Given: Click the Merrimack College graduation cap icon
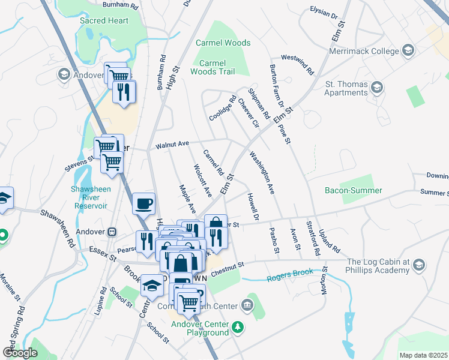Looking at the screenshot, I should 409,50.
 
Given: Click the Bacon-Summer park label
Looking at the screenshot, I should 353,190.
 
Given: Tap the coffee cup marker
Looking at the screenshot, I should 143,203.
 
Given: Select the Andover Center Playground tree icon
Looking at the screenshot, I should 239,327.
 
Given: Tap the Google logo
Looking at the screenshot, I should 20,353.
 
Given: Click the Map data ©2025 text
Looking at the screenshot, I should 423,355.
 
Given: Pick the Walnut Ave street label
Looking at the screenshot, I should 172,144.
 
